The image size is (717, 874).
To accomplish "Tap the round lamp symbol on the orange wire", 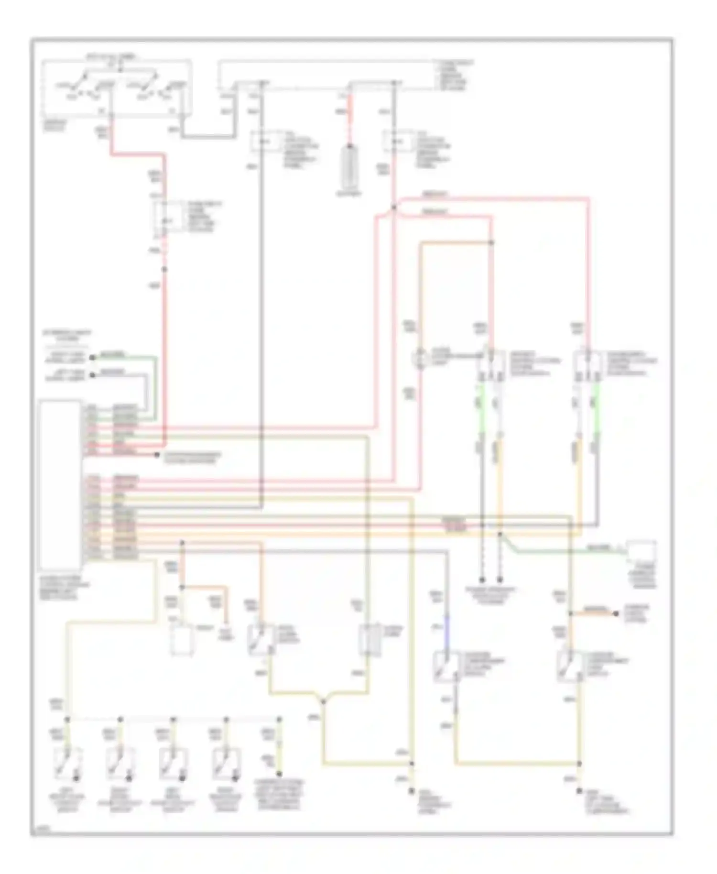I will pyautogui.click(x=421, y=359).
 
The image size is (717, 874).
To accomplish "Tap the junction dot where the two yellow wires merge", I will pyautogui.click(x=323, y=701).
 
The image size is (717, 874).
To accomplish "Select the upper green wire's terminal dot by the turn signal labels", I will pyautogui.click(x=92, y=357).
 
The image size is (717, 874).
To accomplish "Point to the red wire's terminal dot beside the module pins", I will pyautogui.click(x=156, y=455).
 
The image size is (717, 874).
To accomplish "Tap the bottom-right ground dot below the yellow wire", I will pyautogui.click(x=580, y=790).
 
